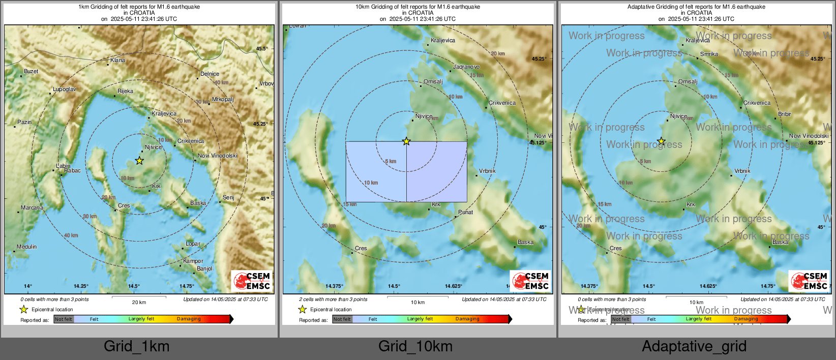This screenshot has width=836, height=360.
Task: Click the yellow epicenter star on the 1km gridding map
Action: (x=139, y=161)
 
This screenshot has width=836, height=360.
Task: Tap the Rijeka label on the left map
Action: (x=125, y=92)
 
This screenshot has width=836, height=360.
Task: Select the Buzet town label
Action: (x=31, y=72)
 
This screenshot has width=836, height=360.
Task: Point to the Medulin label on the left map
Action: (x=26, y=247)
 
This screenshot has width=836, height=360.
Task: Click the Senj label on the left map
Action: (x=228, y=198)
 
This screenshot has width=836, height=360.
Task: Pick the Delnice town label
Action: (x=210, y=74)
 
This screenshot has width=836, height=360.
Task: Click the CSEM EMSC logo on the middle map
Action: (x=531, y=281)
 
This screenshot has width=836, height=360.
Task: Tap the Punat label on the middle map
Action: (x=465, y=213)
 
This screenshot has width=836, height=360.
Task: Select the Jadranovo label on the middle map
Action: (x=466, y=67)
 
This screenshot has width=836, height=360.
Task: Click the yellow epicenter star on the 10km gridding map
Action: (x=406, y=141)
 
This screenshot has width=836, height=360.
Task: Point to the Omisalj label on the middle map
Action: (x=433, y=82)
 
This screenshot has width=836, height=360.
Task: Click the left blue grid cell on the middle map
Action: (x=376, y=171)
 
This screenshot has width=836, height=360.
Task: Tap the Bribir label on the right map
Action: (x=784, y=114)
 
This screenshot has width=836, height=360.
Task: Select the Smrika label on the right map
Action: (x=709, y=54)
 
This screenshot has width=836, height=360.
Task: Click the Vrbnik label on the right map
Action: (x=742, y=171)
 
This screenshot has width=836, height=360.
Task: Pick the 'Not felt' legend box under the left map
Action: (x=64, y=319)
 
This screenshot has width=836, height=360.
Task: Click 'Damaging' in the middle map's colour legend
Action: (x=467, y=319)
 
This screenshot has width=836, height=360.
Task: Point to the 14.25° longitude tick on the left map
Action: (x=81, y=286)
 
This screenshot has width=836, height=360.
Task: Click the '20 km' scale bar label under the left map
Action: (x=139, y=303)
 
